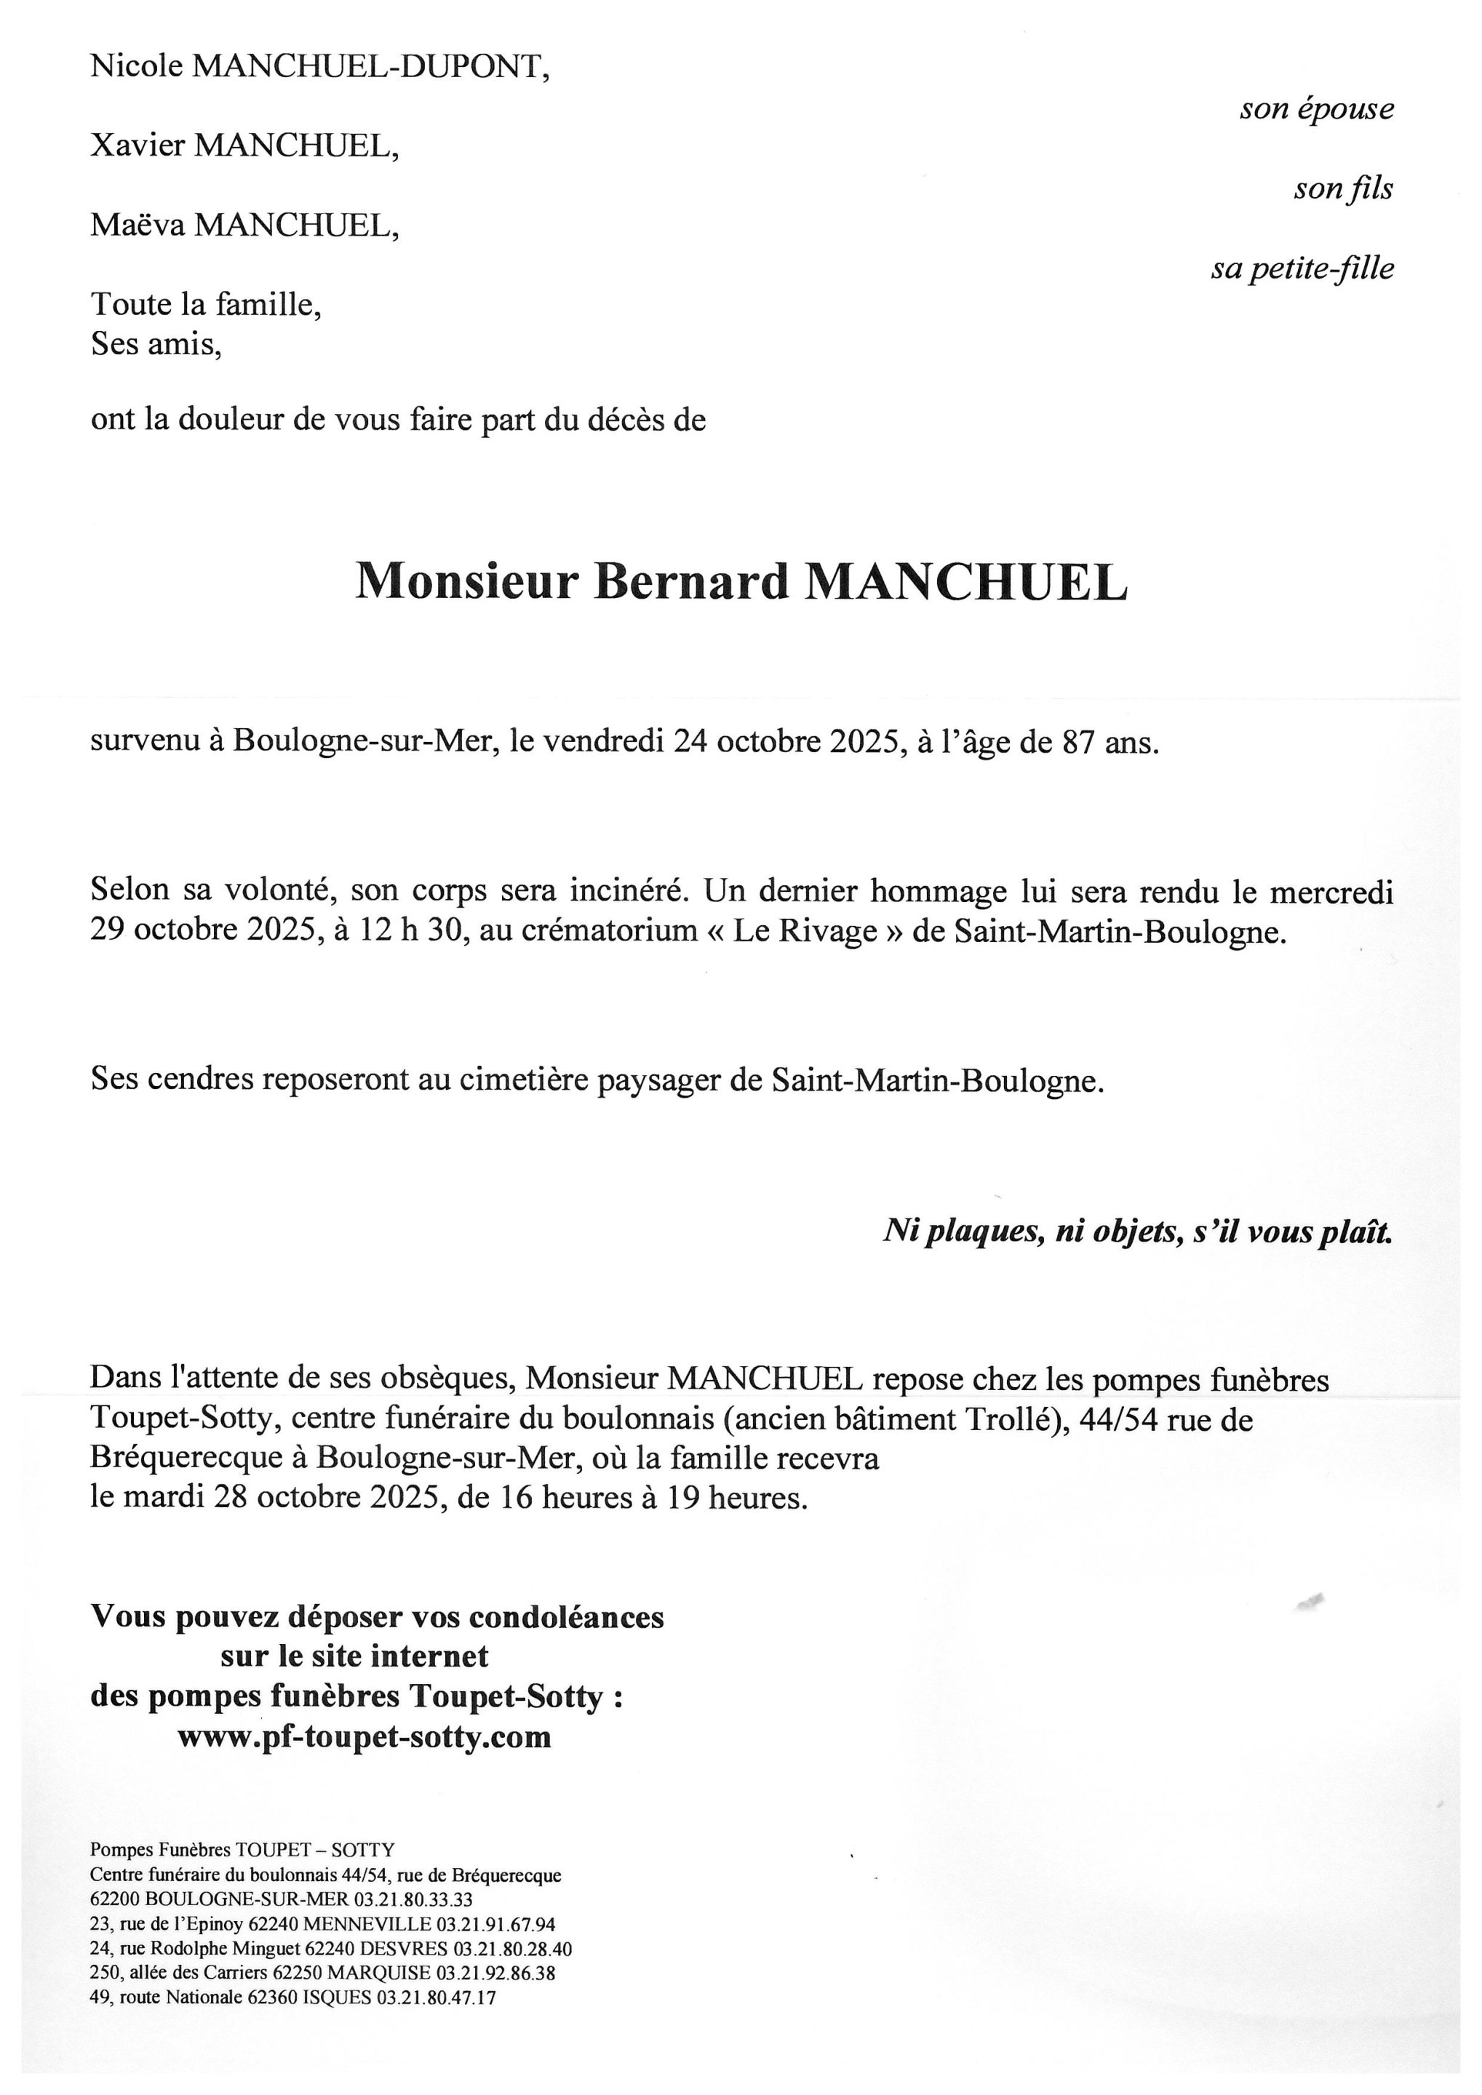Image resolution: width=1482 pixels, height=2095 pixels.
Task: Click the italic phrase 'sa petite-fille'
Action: point(1302,269)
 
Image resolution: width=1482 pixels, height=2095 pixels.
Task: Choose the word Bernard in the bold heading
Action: point(691,581)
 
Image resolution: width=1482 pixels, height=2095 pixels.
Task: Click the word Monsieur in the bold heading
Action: point(466,581)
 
